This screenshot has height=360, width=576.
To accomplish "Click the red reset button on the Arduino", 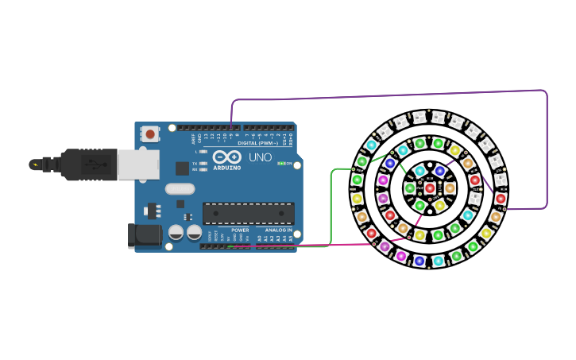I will click(x=150, y=134).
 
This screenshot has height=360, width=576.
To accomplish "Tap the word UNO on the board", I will click(x=261, y=157).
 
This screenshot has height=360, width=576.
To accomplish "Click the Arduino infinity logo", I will click(x=227, y=157).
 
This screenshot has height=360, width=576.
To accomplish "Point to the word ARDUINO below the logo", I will click(x=227, y=168).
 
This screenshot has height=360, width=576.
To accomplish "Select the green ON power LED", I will click(x=280, y=163).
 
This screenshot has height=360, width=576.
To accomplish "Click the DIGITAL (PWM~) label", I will click(x=257, y=143).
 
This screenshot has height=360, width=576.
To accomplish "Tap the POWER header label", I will click(x=240, y=230).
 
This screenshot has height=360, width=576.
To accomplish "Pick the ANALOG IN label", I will click(x=278, y=230).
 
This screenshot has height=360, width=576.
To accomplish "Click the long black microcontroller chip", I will click(x=248, y=213).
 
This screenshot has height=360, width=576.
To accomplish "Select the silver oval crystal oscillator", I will click(x=180, y=189).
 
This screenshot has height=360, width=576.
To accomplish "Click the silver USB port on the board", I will click(x=137, y=164).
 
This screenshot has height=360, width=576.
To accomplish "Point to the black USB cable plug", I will click(x=88, y=165).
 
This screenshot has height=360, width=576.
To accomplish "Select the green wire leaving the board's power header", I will click(x=331, y=207).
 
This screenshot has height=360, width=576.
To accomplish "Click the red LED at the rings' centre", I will click(x=430, y=188).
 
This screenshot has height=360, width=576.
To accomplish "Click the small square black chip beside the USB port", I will click(x=182, y=168).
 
